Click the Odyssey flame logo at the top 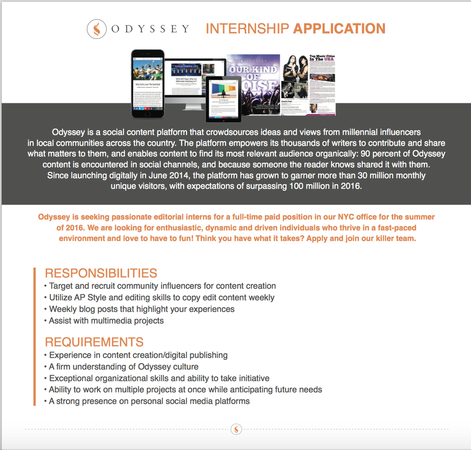(x=97, y=29)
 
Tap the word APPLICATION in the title (x=339, y=29)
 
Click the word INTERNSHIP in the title (x=247, y=29)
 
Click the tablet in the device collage (x=223, y=99)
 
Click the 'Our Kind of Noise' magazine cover (x=253, y=84)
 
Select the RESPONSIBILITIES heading (x=101, y=273)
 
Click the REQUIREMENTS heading (x=94, y=342)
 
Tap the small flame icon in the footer (x=236, y=429)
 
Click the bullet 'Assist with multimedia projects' (x=106, y=320)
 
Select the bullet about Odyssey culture (x=124, y=366)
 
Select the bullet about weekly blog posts (x=141, y=309)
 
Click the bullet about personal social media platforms (x=149, y=401)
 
